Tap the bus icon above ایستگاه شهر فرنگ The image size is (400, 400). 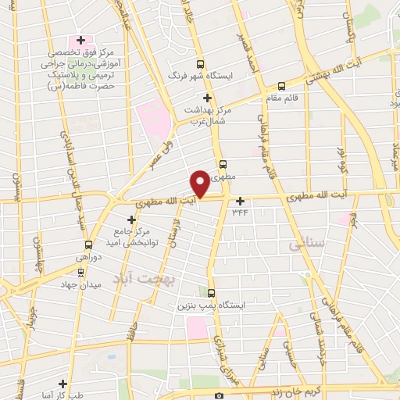(201, 64)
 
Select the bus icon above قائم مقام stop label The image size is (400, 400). (281, 87)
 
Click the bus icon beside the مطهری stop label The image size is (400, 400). (223, 164)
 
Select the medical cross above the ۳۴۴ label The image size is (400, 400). (240, 201)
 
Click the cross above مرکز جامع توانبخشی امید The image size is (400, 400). (131, 220)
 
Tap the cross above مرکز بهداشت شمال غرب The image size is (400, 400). (207, 98)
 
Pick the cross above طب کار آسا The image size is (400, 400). (62, 384)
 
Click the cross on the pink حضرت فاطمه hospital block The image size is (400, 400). (80, 39)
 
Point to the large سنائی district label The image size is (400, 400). (305, 244)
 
